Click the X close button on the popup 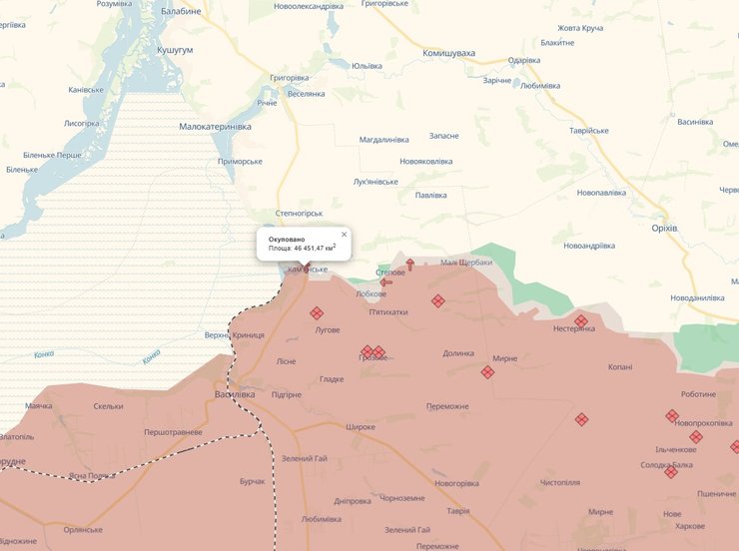click(345, 235)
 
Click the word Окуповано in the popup click(287, 240)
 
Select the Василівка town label click(235, 394)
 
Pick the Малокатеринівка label click(215, 127)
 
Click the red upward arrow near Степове click(409, 264)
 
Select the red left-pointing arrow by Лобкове click(385, 281)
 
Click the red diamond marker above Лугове click(317, 313)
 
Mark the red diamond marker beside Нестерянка click(581, 321)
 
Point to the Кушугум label click(175, 49)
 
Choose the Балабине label click(180, 11)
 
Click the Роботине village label click(698, 394)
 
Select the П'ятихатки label click(388, 311)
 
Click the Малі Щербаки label click(466, 262)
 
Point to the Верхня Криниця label click(234, 335)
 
